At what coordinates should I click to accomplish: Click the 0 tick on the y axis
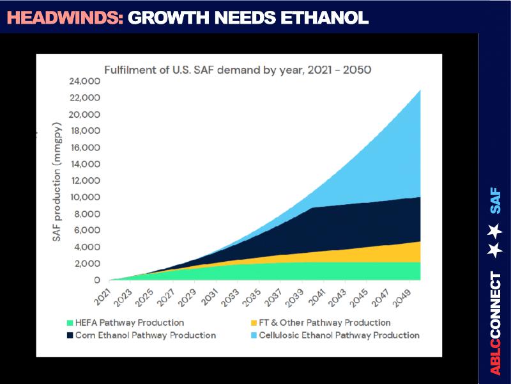tap(97, 280)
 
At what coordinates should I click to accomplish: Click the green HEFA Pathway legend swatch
tap(70, 323)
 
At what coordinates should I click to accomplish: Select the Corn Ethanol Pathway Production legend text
tap(146, 335)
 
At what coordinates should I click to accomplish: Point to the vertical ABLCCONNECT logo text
tap(496, 324)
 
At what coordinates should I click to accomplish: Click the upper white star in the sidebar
tap(495, 229)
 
